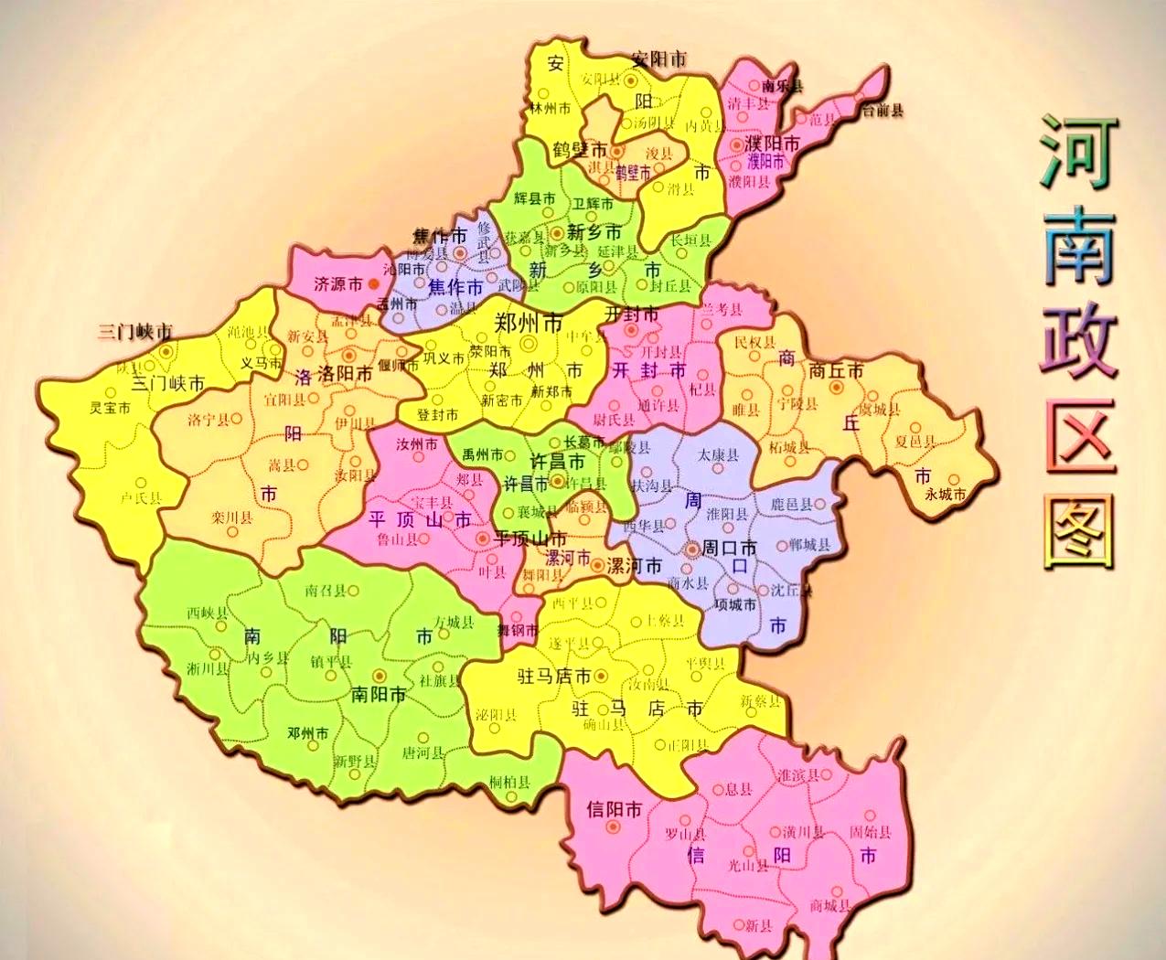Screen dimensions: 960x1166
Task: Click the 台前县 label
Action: [x=883, y=111]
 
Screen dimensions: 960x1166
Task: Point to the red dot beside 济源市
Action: [x=373, y=284]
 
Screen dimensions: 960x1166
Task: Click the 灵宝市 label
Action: [x=111, y=408]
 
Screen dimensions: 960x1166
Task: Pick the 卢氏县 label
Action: [x=142, y=498]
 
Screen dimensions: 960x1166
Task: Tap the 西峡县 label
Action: [x=206, y=612]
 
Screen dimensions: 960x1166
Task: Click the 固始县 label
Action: [x=870, y=832]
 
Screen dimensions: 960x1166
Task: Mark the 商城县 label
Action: [x=830, y=905]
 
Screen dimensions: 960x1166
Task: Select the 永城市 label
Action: [x=946, y=495]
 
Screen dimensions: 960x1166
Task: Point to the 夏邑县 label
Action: [x=915, y=442]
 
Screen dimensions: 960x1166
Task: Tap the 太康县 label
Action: [x=718, y=454]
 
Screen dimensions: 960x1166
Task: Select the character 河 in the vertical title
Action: [x=1079, y=152]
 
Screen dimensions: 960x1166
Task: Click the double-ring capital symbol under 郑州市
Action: [x=528, y=343]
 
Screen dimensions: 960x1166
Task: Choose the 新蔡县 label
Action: [x=762, y=701]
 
